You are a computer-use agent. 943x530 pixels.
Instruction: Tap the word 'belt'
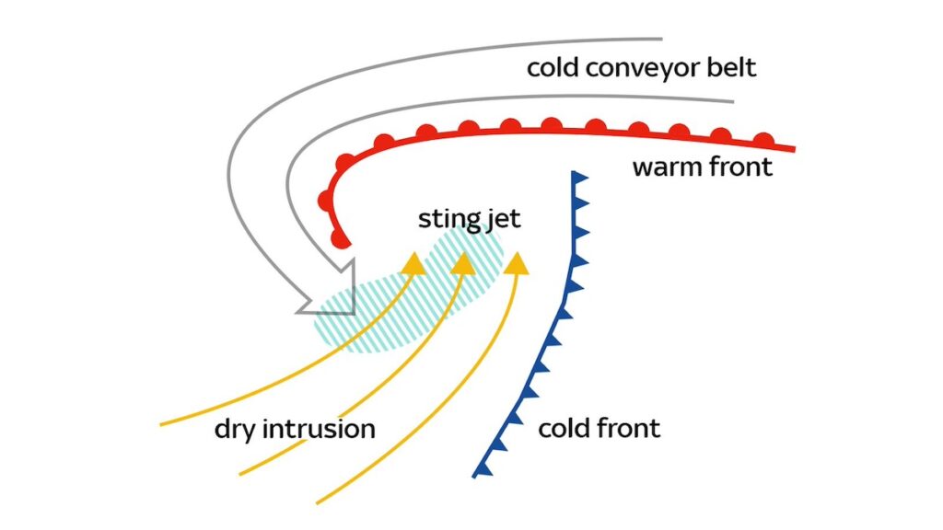click(731, 68)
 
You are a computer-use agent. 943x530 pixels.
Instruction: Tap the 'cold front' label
click(599, 428)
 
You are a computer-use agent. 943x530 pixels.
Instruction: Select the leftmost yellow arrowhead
click(413, 263)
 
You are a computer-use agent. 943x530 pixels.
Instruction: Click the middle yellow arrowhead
click(464, 263)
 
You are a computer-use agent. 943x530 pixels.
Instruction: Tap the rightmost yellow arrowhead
click(518, 263)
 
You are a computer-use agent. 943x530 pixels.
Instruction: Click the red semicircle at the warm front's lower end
click(341, 241)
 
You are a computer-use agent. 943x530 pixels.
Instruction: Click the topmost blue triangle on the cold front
click(579, 178)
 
